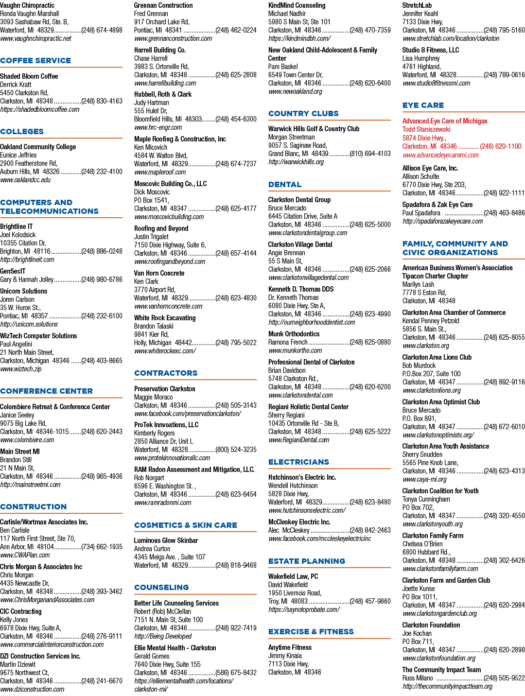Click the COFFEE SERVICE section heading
coord(35,61)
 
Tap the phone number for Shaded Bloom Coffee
coord(102,101)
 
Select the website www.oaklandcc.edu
coord(25,180)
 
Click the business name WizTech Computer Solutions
coord(38,336)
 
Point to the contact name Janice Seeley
coord(17,415)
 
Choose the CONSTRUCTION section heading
coord(33,507)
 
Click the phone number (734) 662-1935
coord(102,547)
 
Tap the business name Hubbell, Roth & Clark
coord(163,94)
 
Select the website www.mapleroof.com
coord(160,172)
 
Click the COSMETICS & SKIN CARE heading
coord(186,525)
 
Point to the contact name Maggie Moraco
coord(154,397)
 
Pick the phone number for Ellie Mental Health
coord(236,673)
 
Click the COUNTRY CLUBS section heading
coord(303,114)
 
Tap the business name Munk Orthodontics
coord(294,334)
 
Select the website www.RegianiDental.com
coord(299,440)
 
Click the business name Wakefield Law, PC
coord(293,576)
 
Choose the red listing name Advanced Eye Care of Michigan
coord(445,121)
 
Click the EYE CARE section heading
coord(423,105)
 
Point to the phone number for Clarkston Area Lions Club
coord(504,382)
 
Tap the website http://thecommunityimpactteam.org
coord(447,686)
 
